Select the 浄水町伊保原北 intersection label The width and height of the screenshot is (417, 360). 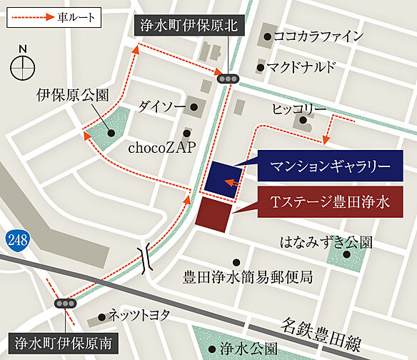click(189, 28)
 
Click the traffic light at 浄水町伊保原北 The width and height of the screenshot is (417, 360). click(228, 79)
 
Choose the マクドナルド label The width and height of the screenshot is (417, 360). click(306, 68)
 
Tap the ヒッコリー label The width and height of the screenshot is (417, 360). click(299, 109)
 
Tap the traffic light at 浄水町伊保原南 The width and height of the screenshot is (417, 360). click(66, 303)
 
